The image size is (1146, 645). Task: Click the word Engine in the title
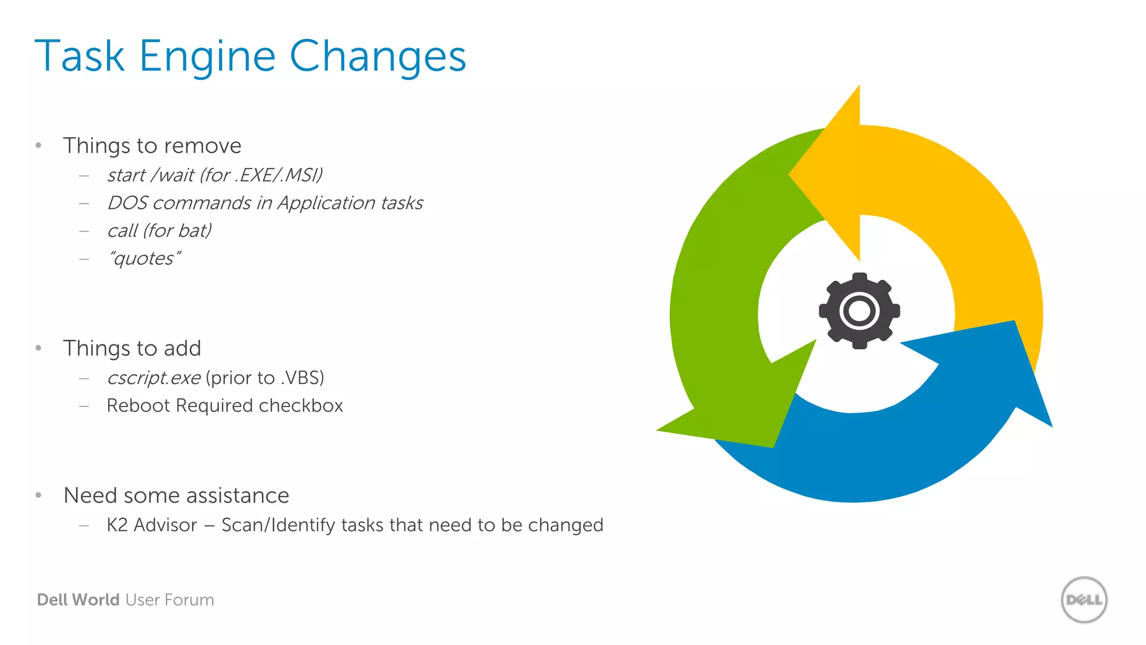(207, 57)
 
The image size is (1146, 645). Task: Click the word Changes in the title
(378, 57)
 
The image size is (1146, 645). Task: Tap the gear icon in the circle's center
(859, 311)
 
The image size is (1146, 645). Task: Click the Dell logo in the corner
(1084, 600)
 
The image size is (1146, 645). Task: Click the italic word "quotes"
(144, 259)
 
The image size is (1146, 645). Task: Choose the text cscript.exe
(153, 378)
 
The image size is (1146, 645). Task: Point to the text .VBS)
(303, 378)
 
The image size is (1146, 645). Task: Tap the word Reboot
(138, 405)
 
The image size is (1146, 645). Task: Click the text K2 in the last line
(117, 525)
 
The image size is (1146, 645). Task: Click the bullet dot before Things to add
(39, 348)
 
